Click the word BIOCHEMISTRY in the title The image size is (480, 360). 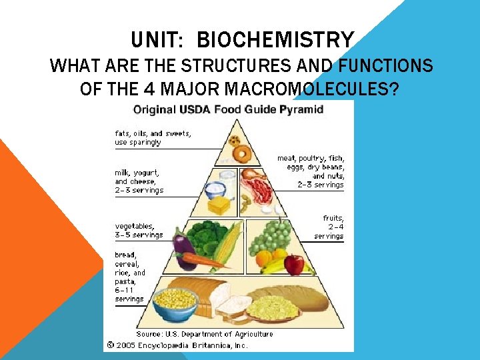click(275, 41)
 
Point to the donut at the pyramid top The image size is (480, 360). click(241, 155)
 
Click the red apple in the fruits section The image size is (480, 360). click(293, 265)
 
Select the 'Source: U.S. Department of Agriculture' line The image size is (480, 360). click(205, 334)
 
